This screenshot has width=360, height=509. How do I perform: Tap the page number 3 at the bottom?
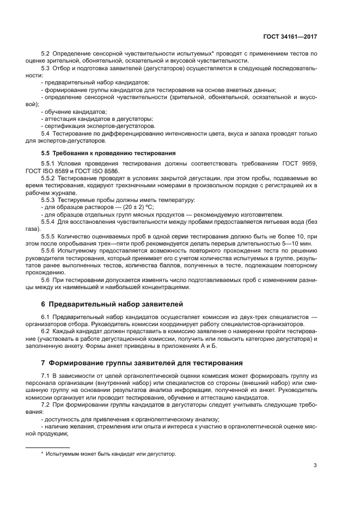[315, 465]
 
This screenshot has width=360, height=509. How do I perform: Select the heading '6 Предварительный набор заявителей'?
[113, 303]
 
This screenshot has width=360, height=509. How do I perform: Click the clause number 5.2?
[46, 53]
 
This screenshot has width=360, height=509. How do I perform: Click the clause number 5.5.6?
[49, 252]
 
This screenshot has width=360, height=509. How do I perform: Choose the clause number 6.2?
[46, 331]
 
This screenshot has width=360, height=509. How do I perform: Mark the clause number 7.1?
[46, 376]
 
